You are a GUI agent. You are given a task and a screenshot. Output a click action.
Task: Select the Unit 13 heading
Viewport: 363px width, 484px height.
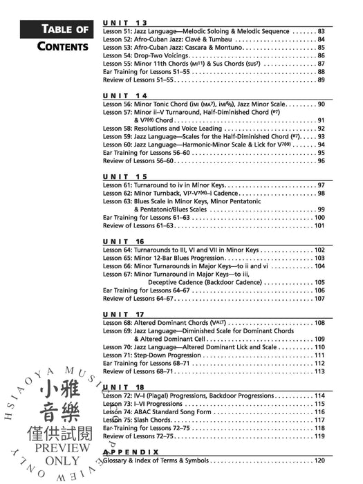[x=125, y=23]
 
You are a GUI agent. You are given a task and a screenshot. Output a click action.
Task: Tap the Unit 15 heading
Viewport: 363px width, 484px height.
[x=125, y=176]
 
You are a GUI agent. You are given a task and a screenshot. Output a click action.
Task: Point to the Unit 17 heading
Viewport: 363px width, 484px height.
[x=125, y=314]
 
